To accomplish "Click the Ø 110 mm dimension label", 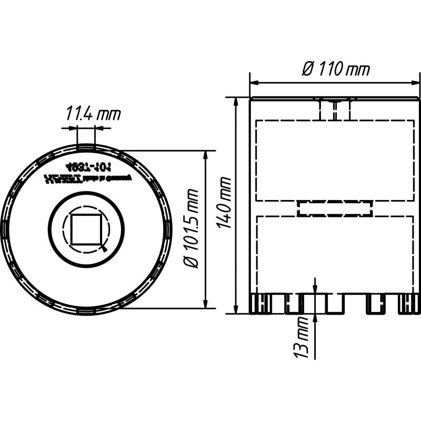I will [x=336, y=69].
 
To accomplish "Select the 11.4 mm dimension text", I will [x=93, y=113].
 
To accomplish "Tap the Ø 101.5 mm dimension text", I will [x=193, y=228].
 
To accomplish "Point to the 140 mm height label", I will [x=225, y=203].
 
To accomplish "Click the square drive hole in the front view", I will [x=86, y=229].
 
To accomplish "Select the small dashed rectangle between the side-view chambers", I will [x=335, y=208].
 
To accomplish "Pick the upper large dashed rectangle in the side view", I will [x=335, y=160].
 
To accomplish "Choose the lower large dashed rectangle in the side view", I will [x=335, y=253].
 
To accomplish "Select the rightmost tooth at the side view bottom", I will [x=409, y=304].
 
